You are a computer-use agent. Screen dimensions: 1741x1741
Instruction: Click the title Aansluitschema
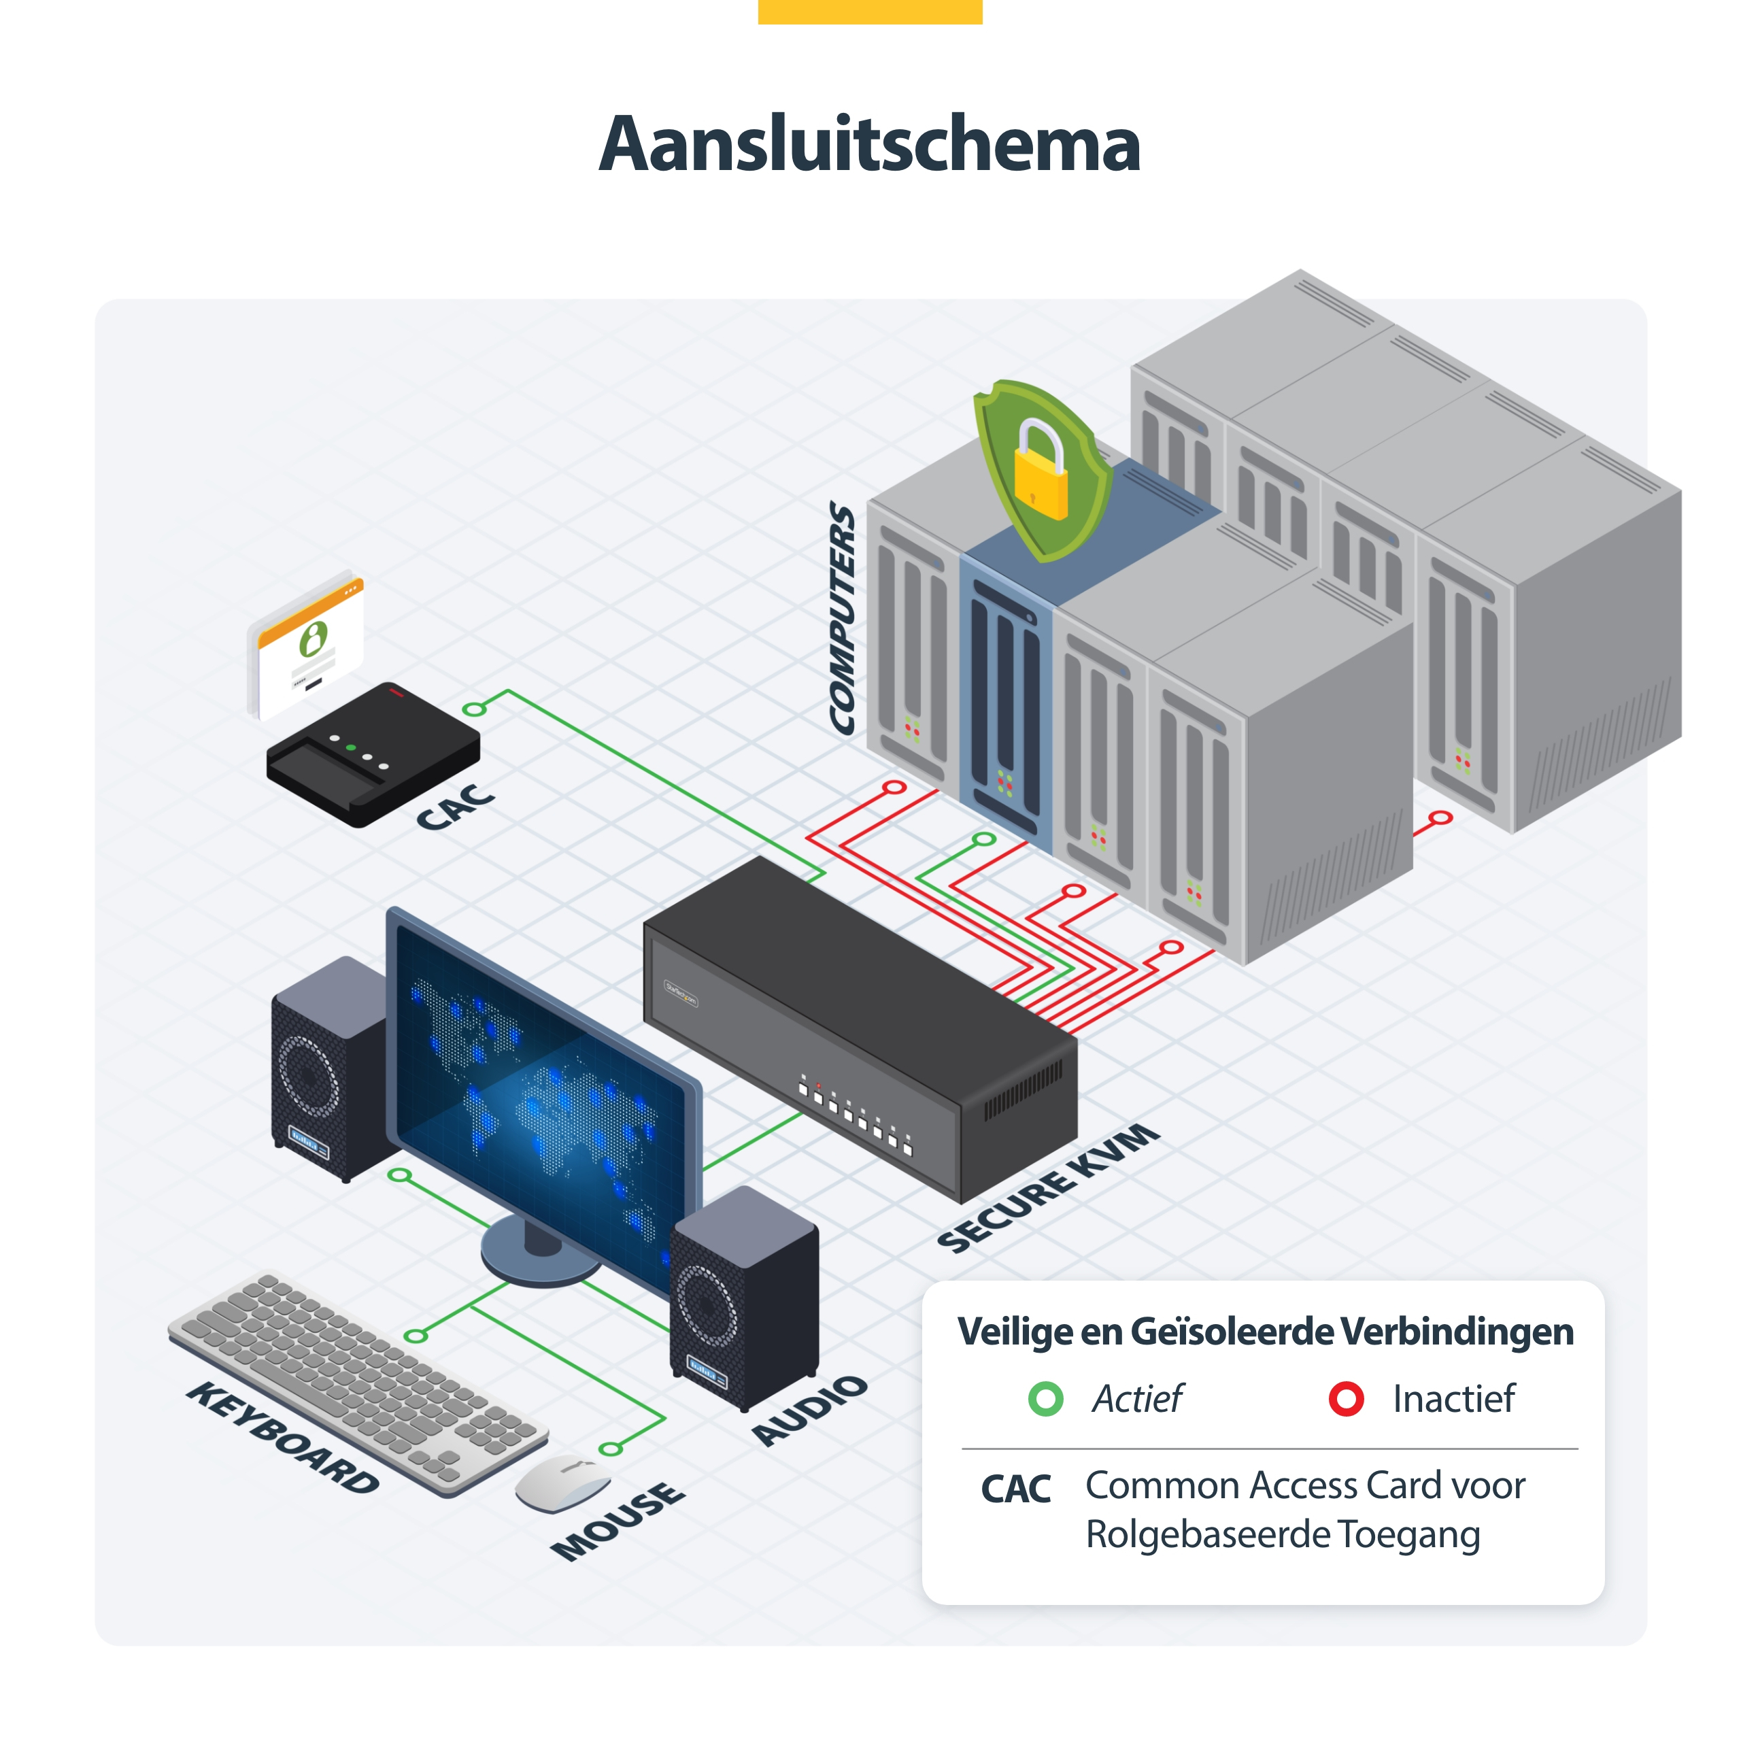coord(870,144)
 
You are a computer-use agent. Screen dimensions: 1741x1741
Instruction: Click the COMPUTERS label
coord(843,618)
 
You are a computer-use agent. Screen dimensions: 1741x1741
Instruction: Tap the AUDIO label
coord(809,1410)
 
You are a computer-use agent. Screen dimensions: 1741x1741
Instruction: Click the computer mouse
coord(562,1483)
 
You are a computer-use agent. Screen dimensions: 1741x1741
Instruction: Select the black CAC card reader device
coord(373,754)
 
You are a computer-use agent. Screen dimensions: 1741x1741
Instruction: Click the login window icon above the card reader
coord(307,643)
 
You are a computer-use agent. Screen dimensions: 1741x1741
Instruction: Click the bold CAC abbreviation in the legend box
coord(1015,1489)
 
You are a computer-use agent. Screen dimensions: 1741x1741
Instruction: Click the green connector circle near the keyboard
coord(416,1336)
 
